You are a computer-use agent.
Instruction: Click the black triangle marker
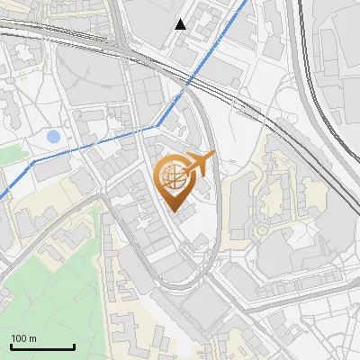pyautogui.click(x=181, y=24)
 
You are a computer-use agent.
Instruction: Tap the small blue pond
pyautogui.click(x=53, y=138)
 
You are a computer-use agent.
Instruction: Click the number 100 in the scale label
pyautogui.click(x=20, y=338)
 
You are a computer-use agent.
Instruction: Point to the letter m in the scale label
pyautogui.click(x=33, y=338)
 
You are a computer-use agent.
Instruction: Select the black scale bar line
pyautogui.click(x=42, y=346)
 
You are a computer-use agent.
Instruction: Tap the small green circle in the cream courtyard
pyautogui.click(x=262, y=230)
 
